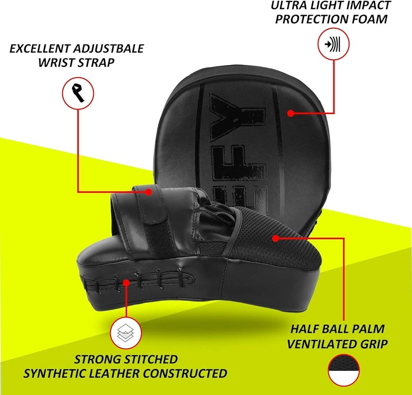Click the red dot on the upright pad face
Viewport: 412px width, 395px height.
point(290,112)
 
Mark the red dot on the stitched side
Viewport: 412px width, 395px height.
point(126,282)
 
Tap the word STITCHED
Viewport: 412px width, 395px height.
point(147,359)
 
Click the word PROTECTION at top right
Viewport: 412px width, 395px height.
point(310,19)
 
